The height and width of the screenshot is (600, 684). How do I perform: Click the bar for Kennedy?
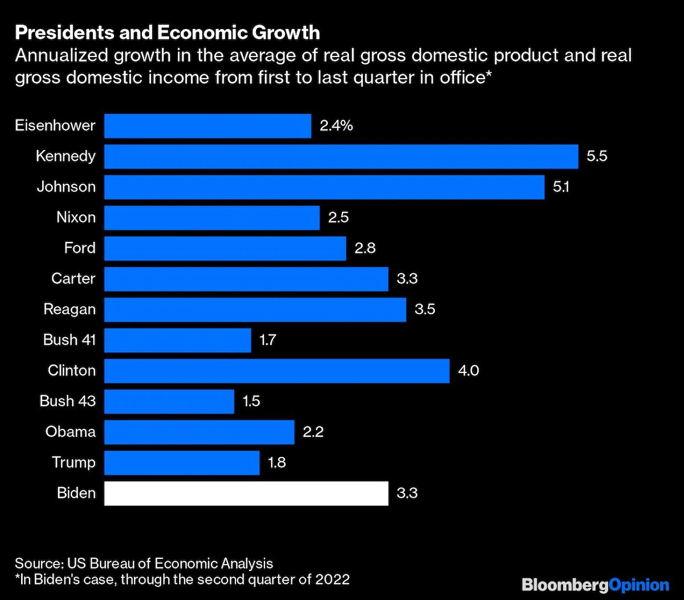click(341, 156)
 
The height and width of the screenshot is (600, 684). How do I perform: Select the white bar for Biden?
click(246, 493)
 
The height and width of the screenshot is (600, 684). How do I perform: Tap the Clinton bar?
click(276, 371)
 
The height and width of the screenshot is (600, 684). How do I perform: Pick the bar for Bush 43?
click(169, 402)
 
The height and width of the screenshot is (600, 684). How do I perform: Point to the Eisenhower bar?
click(207, 125)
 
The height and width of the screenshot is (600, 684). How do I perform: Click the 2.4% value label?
click(336, 125)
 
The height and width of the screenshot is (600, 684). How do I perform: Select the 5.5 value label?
click(597, 156)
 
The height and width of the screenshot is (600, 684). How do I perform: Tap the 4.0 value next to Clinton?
click(469, 371)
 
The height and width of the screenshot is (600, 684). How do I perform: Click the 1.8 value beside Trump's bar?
click(276, 463)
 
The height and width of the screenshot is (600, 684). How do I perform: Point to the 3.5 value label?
click(425, 310)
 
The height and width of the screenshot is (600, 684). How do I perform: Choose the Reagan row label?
click(70, 310)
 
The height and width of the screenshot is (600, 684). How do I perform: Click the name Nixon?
click(76, 217)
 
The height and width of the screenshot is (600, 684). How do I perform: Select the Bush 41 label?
click(69, 340)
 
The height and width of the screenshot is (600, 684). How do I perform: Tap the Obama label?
click(71, 432)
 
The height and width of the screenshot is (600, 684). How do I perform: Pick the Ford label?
click(80, 248)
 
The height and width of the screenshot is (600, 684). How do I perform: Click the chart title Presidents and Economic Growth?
click(167, 33)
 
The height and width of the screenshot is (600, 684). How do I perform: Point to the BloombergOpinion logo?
click(595, 585)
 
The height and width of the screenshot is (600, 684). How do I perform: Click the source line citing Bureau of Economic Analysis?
click(144, 563)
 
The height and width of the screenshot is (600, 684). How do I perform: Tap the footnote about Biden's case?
click(182, 580)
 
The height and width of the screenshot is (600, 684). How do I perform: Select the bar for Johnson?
click(324, 187)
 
